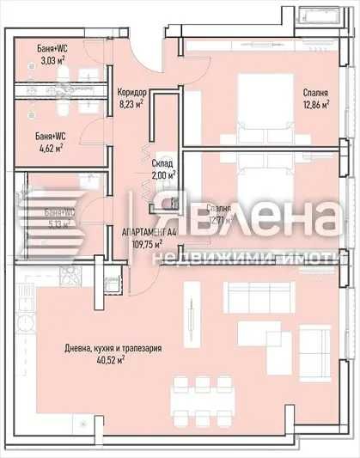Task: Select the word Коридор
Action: (x=131, y=93)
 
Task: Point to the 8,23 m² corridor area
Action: (x=132, y=105)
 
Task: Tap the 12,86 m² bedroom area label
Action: (x=318, y=105)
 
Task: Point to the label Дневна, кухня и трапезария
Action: (x=113, y=349)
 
